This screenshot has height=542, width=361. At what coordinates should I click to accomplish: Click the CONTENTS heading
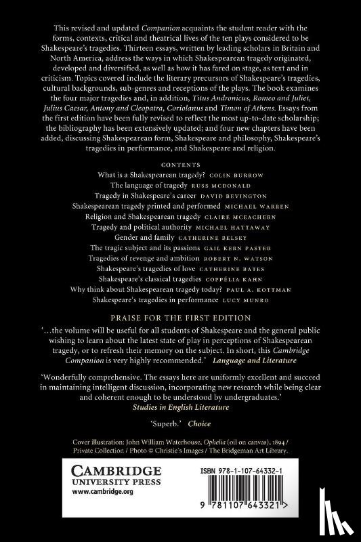point(180,182)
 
